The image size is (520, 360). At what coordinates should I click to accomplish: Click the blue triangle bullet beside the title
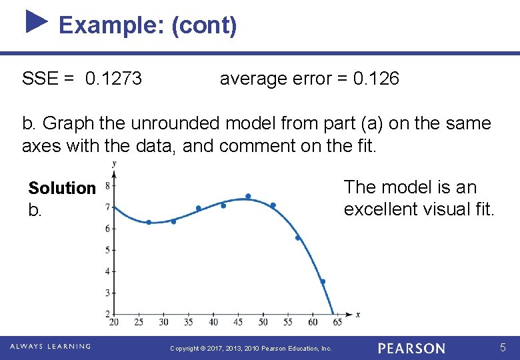[x=37, y=21]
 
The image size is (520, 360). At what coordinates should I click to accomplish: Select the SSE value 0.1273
[x=113, y=79]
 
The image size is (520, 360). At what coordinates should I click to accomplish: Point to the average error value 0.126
[x=376, y=79]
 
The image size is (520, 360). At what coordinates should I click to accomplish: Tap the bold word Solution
[x=62, y=189]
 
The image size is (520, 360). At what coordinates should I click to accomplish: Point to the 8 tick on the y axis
[x=108, y=186]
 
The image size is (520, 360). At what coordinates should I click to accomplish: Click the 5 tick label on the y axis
[x=108, y=250]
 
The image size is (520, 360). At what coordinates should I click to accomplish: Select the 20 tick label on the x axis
[x=114, y=322]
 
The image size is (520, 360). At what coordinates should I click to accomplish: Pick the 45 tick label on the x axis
[x=238, y=322]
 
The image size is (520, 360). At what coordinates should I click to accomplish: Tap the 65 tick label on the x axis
[x=337, y=322]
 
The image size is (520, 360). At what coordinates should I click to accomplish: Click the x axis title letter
[x=358, y=314]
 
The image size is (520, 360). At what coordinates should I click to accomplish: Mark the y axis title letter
[x=115, y=164]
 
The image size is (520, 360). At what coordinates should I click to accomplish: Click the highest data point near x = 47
[x=248, y=196]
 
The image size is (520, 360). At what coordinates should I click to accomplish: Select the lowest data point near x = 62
[x=323, y=281]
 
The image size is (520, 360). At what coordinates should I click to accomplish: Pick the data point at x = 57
[x=298, y=237]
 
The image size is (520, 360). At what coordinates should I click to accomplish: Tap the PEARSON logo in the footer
[x=411, y=348]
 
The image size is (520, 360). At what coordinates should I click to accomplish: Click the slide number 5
[x=504, y=347]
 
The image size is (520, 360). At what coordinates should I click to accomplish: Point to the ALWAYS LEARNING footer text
[x=50, y=346]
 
